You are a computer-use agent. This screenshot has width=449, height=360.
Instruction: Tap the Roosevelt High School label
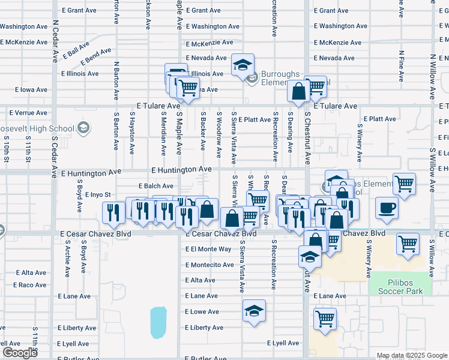coord(37,128)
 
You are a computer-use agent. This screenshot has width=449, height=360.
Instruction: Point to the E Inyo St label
coord(97,194)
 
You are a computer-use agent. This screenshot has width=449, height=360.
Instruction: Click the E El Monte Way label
coord(208,249)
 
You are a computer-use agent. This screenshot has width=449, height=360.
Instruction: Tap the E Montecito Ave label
coord(209,265)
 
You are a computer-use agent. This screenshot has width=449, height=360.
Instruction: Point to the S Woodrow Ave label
coord(219,137)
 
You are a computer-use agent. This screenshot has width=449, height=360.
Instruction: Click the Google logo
coord(20,353)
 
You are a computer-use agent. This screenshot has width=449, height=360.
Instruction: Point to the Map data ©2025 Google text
coord(412,355)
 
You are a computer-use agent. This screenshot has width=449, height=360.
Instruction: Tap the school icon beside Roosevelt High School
coord(83,128)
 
